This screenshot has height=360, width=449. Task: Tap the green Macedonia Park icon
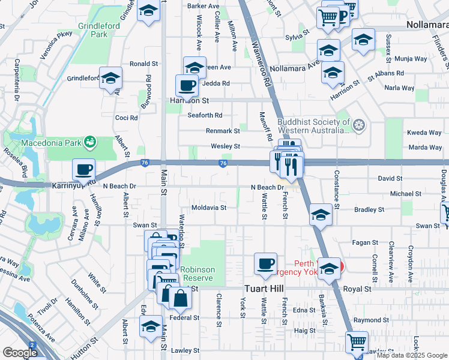(x=89, y=142)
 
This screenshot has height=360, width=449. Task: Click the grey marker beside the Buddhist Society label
(x=359, y=126)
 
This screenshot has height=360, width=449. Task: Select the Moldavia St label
(x=208, y=208)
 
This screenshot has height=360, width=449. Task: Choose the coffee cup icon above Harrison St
(x=187, y=85)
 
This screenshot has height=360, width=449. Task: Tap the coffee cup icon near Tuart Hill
(x=265, y=263)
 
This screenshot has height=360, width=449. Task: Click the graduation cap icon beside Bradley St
(x=321, y=214)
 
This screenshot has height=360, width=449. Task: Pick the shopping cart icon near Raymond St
(x=357, y=342)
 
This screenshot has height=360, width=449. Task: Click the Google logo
(x=20, y=353)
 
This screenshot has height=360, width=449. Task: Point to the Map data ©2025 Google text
(x=411, y=355)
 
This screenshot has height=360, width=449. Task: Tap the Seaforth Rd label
(x=205, y=115)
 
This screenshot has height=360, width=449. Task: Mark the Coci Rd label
(x=126, y=118)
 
